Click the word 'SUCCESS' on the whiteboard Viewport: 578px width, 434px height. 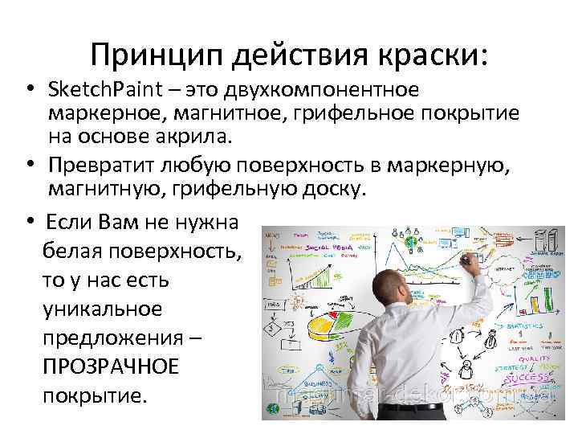(x=532, y=377)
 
